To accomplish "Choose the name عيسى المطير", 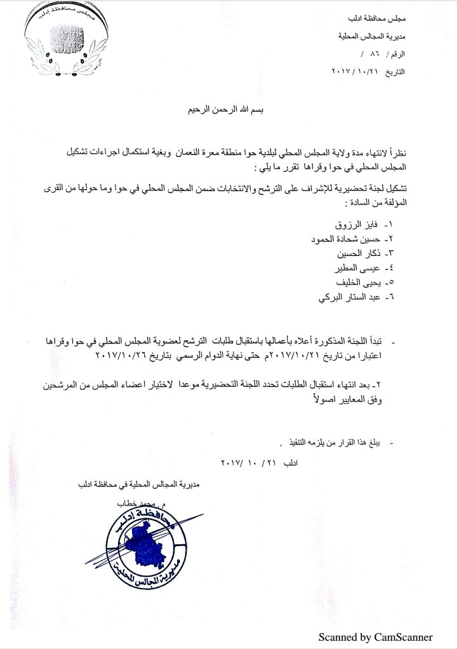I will click(x=354, y=269).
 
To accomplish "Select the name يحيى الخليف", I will click(x=356, y=283).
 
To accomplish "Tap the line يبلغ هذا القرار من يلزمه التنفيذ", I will click(x=327, y=441).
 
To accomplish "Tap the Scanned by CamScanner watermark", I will click(x=375, y=637).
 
